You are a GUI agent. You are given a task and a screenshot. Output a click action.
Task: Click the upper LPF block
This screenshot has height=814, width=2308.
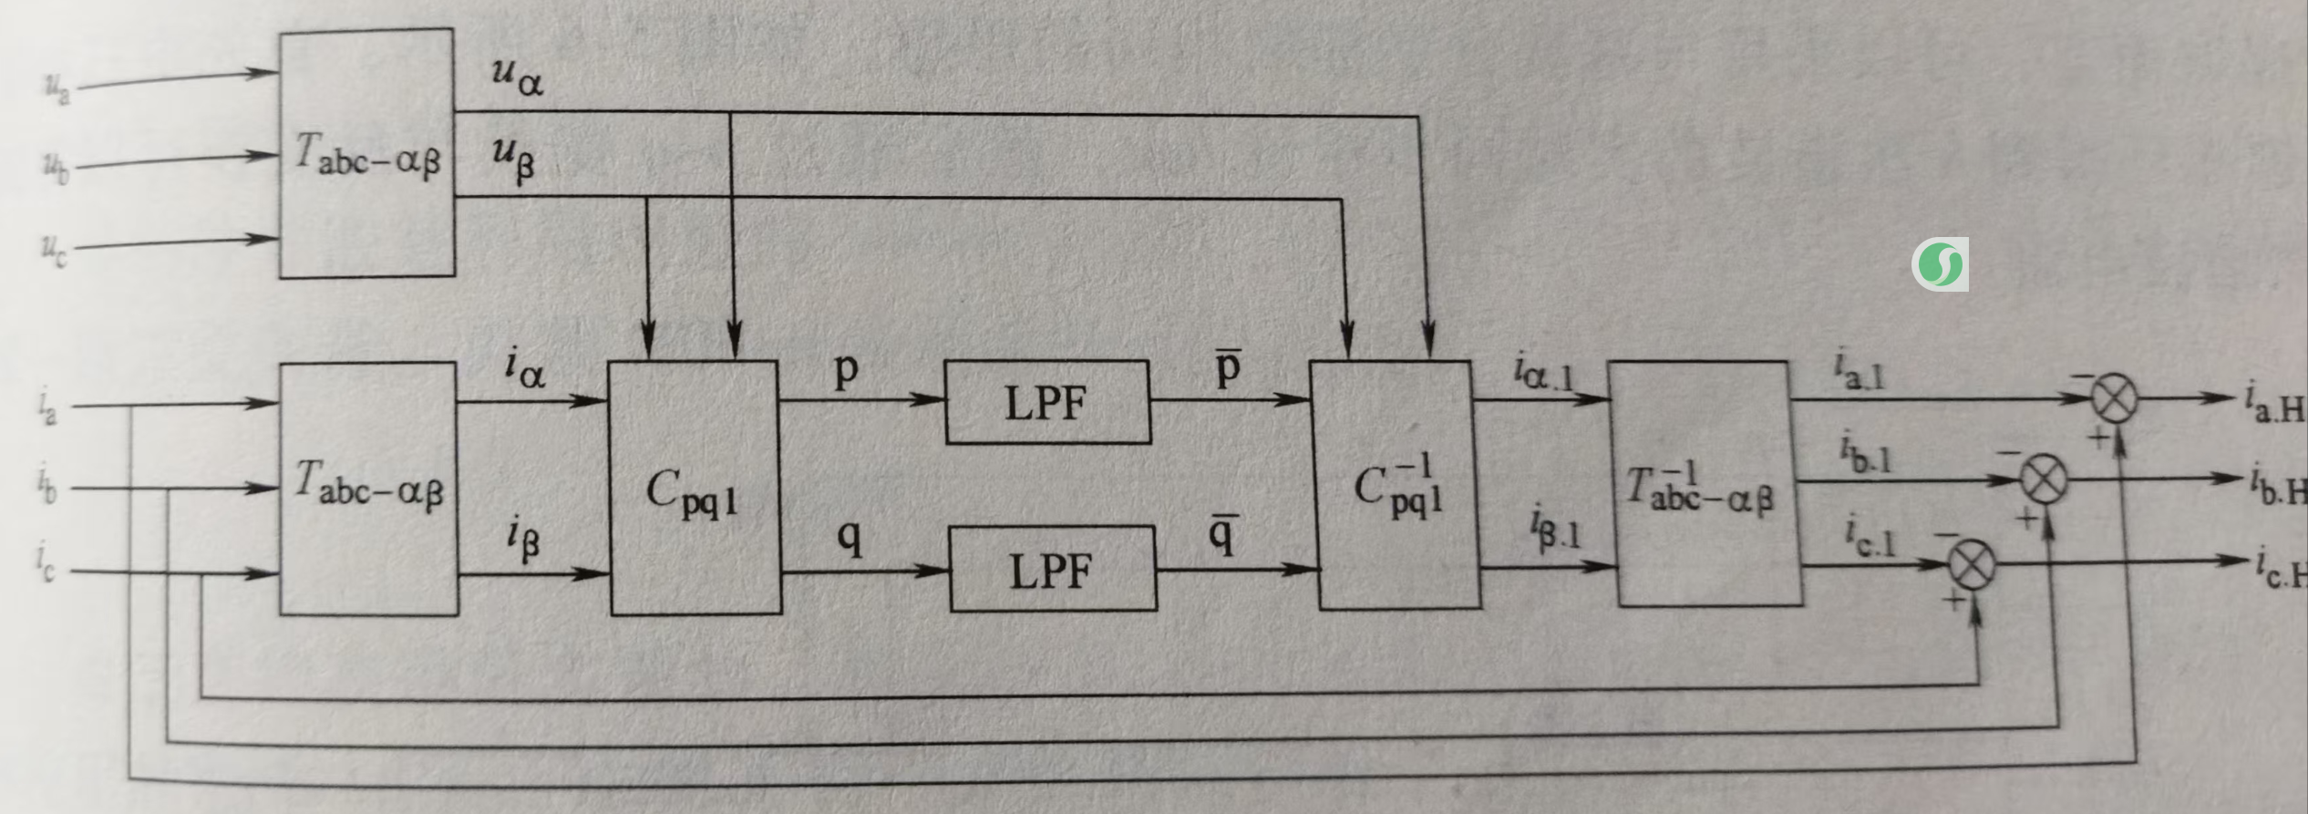tap(1047, 403)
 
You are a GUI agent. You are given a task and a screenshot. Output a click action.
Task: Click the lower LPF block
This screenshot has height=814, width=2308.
tap(1052, 570)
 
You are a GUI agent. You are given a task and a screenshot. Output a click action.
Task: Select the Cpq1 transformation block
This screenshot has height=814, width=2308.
tap(694, 489)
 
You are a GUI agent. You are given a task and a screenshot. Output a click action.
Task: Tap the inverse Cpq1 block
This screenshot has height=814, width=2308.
tap(1395, 485)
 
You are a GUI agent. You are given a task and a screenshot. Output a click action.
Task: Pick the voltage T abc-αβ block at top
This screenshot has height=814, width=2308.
tap(366, 153)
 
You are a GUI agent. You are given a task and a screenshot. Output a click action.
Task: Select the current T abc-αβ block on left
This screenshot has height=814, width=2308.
tap(368, 489)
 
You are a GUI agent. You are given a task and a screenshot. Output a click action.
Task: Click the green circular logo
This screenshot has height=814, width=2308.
tap(1939, 265)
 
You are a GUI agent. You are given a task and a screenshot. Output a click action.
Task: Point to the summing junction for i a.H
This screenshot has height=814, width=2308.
tap(2113, 398)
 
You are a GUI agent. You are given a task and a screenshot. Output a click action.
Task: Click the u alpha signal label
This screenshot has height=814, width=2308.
tap(517, 77)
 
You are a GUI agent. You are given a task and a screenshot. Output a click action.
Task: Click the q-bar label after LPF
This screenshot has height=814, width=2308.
tap(1222, 534)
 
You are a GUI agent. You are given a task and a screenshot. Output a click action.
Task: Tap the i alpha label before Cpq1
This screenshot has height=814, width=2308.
tap(525, 369)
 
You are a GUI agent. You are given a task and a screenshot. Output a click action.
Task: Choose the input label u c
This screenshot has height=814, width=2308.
tap(54, 249)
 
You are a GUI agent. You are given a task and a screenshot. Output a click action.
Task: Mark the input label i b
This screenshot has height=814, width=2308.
tap(47, 486)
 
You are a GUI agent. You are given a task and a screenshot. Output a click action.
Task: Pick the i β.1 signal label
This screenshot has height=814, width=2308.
tap(1555, 528)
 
